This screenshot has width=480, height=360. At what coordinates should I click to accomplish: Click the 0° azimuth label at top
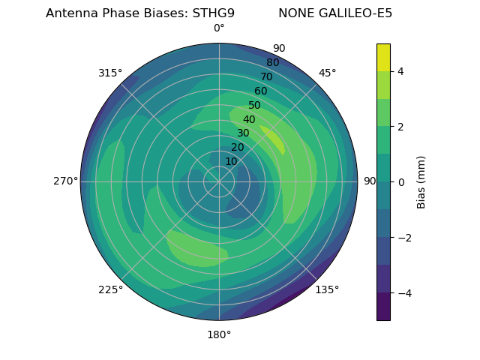219,28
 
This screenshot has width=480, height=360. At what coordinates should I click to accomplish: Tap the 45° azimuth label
328,73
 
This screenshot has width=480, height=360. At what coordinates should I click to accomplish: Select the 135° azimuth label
327,289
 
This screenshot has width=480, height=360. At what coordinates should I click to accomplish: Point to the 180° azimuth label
219,334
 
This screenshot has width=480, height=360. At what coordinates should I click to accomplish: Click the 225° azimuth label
110,289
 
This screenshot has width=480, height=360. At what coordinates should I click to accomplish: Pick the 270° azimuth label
66,181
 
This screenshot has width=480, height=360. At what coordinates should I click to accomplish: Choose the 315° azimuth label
110,73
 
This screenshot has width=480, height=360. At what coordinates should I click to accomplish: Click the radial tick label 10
231,161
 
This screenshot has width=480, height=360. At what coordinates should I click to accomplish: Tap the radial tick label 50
255,106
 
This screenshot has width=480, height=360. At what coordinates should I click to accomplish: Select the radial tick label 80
273,63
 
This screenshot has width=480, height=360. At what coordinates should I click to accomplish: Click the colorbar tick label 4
401,71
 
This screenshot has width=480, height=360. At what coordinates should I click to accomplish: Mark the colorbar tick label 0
401,182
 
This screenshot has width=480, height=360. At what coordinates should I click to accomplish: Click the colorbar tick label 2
401,127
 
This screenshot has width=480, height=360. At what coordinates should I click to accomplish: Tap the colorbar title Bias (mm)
421,182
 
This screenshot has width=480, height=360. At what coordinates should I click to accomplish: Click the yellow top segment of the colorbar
383,57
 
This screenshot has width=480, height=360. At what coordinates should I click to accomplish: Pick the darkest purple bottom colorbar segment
383,307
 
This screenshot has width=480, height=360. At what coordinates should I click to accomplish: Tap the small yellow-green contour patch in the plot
273,139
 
